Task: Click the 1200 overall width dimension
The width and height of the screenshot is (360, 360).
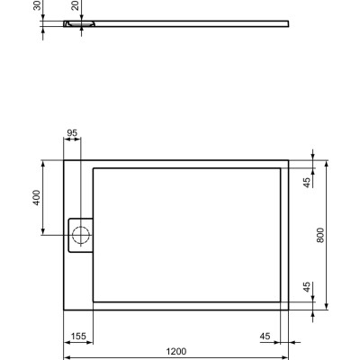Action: [x=176, y=350]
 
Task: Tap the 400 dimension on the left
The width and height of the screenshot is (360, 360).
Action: [x=36, y=199]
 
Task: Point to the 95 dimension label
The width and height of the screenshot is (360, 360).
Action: [x=73, y=134]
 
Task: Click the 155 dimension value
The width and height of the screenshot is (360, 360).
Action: [x=79, y=336]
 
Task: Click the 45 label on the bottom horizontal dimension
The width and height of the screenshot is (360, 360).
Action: [x=265, y=336]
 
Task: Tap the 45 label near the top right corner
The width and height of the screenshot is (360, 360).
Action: [x=306, y=182]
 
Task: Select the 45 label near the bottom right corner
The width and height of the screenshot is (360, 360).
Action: [x=306, y=288]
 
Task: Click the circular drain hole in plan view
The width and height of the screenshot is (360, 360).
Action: [x=80, y=237]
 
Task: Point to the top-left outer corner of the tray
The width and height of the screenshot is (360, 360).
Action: [x=64, y=161]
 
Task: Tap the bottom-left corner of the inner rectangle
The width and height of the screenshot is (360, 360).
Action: [x=94, y=302]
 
